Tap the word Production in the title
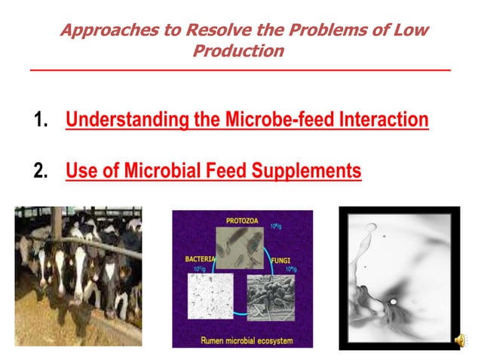(239, 51)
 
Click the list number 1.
(41, 120)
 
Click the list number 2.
(41, 171)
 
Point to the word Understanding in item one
(127, 120)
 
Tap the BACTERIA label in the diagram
(201, 259)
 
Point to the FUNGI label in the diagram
(280, 260)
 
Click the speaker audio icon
(459, 340)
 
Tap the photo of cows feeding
(78, 276)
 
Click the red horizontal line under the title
(240, 70)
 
